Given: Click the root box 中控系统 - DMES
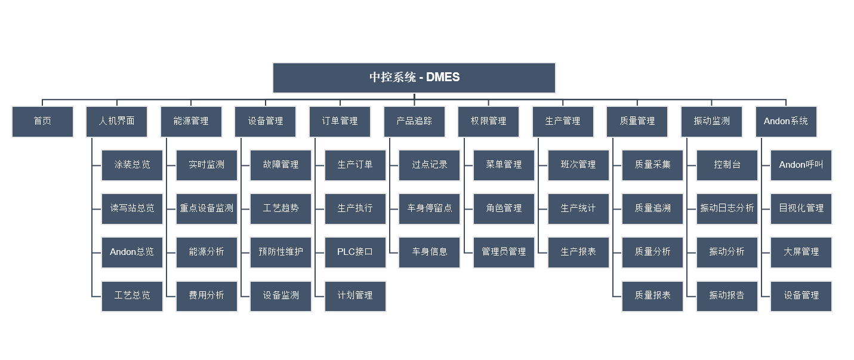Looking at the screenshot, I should click(x=414, y=78).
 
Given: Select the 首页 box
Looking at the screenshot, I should click(x=42, y=121).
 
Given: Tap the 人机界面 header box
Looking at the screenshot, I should click(x=117, y=121).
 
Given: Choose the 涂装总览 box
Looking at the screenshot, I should click(x=132, y=165).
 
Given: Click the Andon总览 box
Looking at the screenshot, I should click(x=132, y=252).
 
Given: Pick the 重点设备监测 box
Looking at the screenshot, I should click(x=206, y=208).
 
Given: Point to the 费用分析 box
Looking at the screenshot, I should click(x=206, y=296).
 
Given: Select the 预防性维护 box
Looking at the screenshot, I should click(x=280, y=252).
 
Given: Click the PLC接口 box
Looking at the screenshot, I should click(x=355, y=252).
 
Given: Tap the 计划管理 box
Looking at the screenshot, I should click(x=355, y=296).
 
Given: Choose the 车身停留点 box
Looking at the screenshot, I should click(x=429, y=208).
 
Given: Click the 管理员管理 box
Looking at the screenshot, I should click(x=504, y=252).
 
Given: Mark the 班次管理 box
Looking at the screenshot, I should click(x=578, y=165).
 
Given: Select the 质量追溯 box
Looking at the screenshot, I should click(x=652, y=208).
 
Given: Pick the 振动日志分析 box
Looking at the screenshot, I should click(x=727, y=208).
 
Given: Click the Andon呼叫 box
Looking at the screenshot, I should click(x=801, y=165).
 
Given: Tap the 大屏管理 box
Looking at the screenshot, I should click(x=801, y=252).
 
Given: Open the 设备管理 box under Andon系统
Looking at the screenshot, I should click(x=801, y=296).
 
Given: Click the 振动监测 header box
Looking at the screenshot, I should click(x=711, y=121).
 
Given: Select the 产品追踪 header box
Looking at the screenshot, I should click(x=414, y=121).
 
